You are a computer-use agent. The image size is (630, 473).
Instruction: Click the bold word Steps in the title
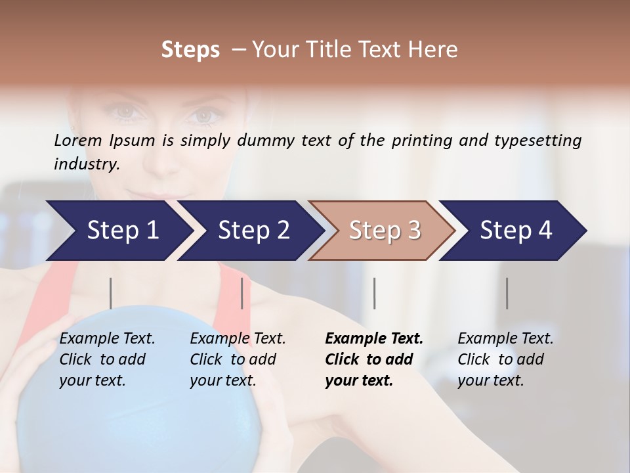[x=190, y=50]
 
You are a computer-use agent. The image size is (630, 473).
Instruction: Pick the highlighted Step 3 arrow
[x=385, y=231]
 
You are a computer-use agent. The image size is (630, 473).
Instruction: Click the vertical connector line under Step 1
[x=111, y=293]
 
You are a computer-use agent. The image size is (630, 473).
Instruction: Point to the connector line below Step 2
[x=242, y=293]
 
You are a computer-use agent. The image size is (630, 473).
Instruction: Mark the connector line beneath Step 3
[x=375, y=293]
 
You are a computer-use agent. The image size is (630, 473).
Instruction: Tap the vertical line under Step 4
[x=507, y=293]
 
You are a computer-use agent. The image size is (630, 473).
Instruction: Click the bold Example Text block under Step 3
[x=374, y=359]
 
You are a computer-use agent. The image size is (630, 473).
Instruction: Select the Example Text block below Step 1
[x=107, y=359]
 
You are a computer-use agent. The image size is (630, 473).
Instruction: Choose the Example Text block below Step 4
[x=505, y=359]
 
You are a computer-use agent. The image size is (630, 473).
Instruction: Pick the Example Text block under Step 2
[x=238, y=359]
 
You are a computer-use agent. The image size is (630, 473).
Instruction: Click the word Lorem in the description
[x=78, y=141]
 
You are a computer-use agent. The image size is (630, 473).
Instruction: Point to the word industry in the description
[x=87, y=164]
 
